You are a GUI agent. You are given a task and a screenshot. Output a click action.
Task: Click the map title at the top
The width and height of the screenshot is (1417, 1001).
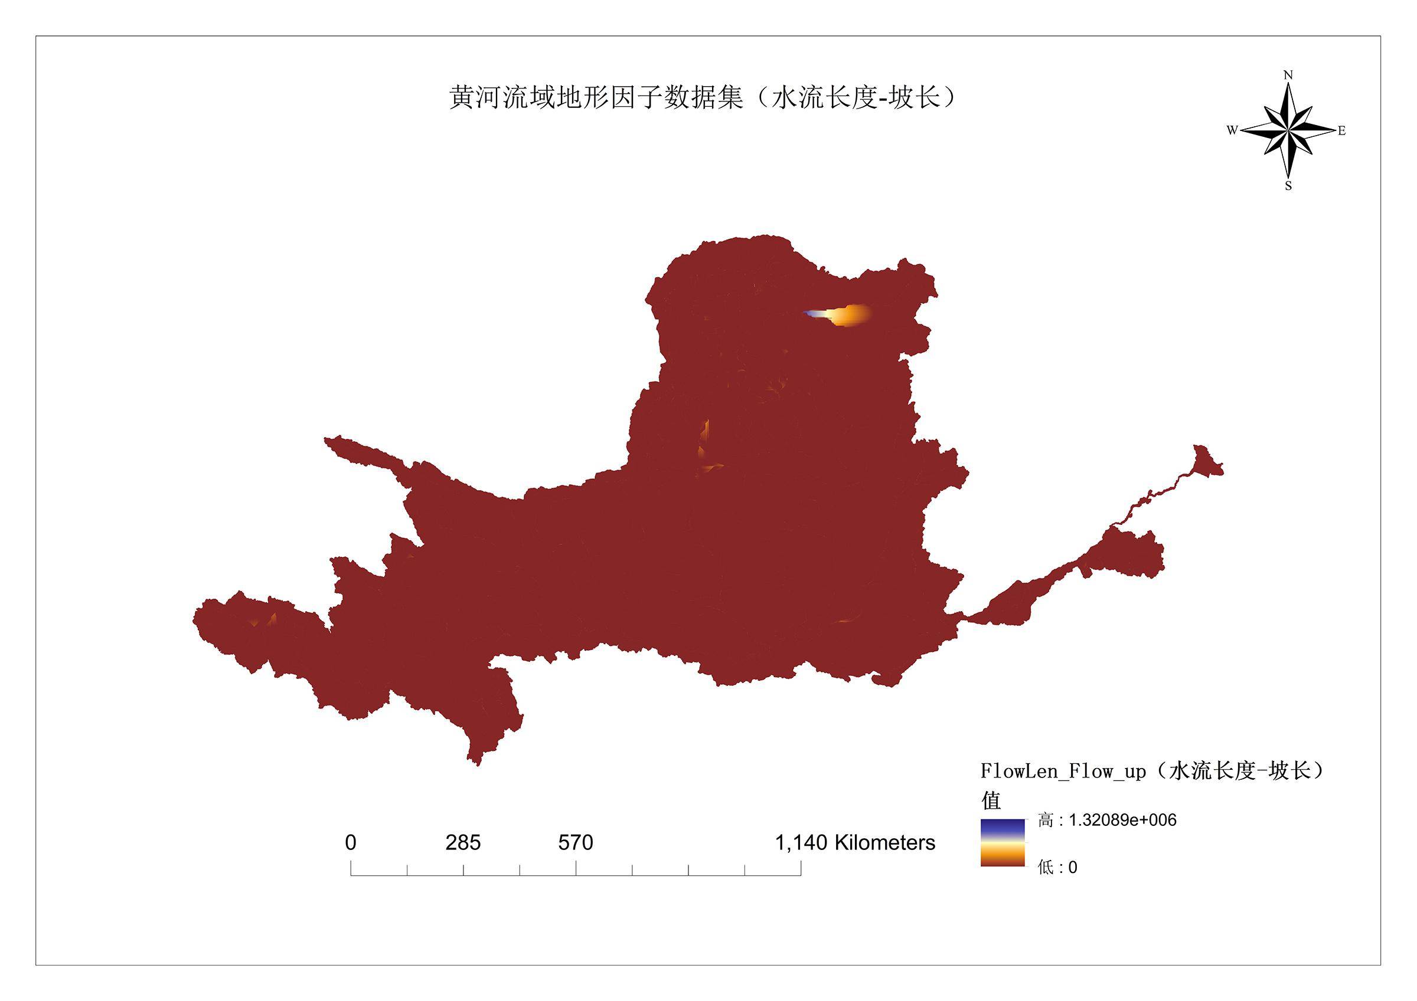coord(703,97)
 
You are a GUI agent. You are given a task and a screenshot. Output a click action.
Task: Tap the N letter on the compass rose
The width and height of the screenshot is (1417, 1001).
coord(1288,76)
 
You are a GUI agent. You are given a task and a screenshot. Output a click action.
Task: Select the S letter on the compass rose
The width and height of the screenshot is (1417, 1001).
coord(1288,186)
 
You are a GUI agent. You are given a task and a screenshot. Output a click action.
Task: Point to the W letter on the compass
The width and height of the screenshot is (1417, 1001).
coord(1232,130)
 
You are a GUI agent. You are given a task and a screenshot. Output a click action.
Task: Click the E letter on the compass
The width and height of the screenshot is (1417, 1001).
coord(1341,131)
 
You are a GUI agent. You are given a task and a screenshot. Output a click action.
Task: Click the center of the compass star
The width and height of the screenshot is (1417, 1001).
coord(1288,130)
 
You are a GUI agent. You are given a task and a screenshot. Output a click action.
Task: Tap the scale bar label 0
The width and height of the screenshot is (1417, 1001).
coord(351,842)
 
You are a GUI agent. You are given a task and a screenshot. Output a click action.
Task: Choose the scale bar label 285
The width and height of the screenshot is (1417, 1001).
coord(463,842)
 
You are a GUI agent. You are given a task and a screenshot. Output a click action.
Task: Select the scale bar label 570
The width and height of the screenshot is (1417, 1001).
coord(575,842)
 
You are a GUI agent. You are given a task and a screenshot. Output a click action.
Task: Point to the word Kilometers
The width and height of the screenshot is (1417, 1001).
coord(884,842)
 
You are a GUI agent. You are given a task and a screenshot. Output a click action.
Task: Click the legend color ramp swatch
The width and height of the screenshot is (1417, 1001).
coord(1003,842)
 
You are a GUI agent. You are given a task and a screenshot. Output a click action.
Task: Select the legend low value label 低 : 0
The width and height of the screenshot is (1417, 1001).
coord(1057,867)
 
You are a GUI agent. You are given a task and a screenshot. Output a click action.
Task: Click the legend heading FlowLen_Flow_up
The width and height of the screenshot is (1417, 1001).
coord(1063,772)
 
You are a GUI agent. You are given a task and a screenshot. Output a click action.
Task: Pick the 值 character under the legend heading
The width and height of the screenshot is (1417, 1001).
coord(991,800)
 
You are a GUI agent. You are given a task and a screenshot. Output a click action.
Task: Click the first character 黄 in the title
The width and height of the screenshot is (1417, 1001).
coord(462,97)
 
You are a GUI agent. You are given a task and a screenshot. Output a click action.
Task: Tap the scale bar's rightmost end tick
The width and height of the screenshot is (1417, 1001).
coord(801,868)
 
